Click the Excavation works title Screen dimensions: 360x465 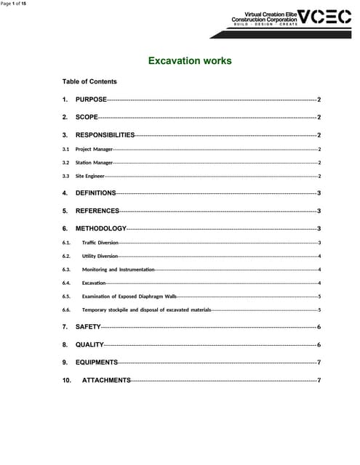click(x=190, y=60)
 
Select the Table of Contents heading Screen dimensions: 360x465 click(x=89, y=81)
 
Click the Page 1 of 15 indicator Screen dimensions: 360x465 click(x=14, y=4)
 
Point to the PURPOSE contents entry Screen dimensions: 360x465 click(x=91, y=99)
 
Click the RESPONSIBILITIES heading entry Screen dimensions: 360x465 click(x=105, y=135)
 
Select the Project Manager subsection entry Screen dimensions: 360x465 click(x=94, y=149)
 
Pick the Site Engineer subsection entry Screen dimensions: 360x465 click(x=90, y=176)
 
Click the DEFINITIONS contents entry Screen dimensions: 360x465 click(x=95, y=193)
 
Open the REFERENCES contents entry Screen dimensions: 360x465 click(x=97, y=211)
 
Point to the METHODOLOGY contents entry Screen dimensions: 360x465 click(x=100, y=229)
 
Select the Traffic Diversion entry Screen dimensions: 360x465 click(x=100, y=242)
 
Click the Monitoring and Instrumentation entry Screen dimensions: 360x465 click(x=118, y=270)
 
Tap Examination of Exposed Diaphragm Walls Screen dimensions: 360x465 click(x=129, y=296)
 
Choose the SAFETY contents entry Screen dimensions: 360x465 click(x=88, y=328)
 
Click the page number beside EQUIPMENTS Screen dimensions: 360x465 click(x=319, y=362)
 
